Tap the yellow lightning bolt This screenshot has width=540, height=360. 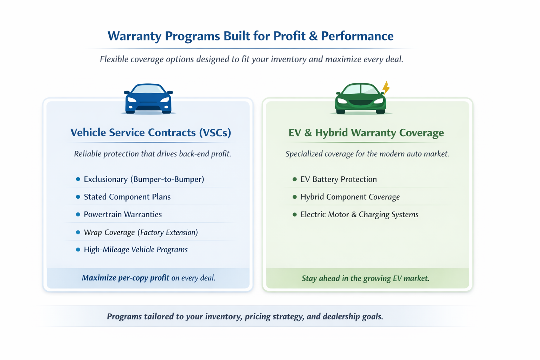pos(386,88)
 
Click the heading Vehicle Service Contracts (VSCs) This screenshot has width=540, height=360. pos(150,133)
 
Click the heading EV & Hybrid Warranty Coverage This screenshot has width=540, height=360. pos(366,133)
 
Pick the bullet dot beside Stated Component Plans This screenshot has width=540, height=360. pos(78,197)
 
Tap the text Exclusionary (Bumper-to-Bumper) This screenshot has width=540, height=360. pos(144,179)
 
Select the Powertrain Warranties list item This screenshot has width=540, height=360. pos(123,214)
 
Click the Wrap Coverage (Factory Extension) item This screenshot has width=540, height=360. pos(141,232)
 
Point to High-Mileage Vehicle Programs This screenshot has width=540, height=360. pos(136,250)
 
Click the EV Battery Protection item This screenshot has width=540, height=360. pos(339,179)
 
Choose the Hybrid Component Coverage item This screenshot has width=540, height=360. pos(350,197)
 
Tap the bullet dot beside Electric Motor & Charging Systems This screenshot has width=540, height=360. pos(295,214)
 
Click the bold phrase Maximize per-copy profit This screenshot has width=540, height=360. pos(126,278)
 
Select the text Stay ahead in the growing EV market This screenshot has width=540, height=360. pos(366,278)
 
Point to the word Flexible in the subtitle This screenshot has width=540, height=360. pos(114,59)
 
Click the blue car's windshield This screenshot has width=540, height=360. pos(148,89)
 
